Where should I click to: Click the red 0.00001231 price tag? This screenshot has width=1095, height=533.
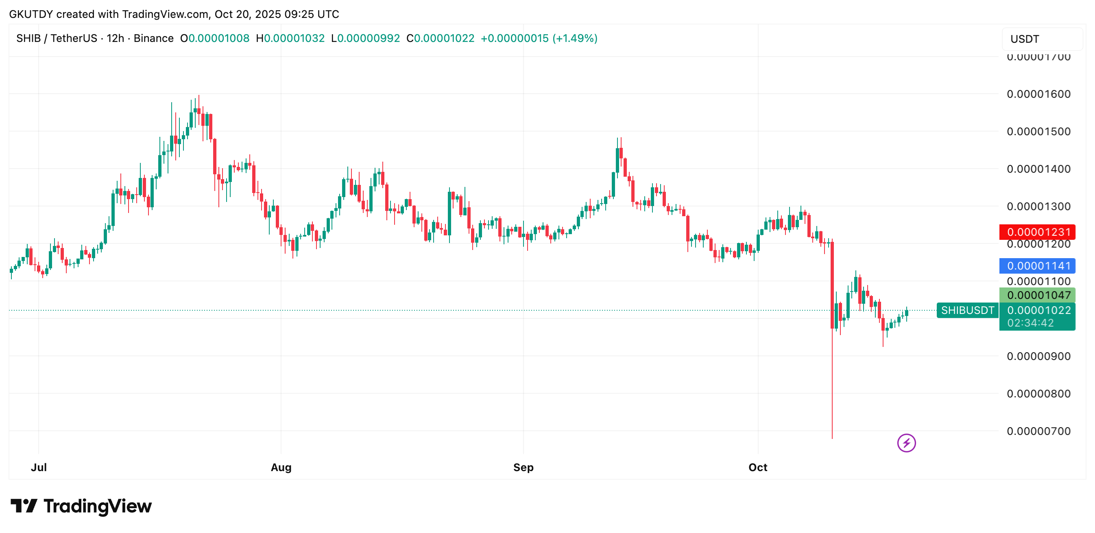1037,232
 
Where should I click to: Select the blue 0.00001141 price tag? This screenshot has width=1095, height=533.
1037,266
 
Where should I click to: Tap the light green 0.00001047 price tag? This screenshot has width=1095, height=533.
1037,295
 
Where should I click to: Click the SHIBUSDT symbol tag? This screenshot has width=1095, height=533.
967,310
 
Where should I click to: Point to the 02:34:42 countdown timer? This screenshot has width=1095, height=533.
1030,323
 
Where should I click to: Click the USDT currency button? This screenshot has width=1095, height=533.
1041,39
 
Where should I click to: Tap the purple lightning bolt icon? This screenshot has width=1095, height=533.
906,443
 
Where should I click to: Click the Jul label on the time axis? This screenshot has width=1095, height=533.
39,467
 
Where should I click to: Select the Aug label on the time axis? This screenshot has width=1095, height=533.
281,467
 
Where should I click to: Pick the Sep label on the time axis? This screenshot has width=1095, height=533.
523,467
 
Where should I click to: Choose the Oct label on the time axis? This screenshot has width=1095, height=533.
757,467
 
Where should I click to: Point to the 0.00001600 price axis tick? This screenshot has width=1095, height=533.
1038,94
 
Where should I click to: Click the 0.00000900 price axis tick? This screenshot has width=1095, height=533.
1038,356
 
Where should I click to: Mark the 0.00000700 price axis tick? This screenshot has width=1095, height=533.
1038,431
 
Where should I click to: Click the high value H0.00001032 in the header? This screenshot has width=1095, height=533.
290,38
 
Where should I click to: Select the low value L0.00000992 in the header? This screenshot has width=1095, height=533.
366,38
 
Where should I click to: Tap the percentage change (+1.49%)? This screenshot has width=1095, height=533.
575,38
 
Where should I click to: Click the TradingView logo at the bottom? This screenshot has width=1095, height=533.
81,506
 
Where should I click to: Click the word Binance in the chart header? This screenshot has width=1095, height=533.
153,38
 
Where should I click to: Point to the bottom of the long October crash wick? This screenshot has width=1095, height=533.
832,438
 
